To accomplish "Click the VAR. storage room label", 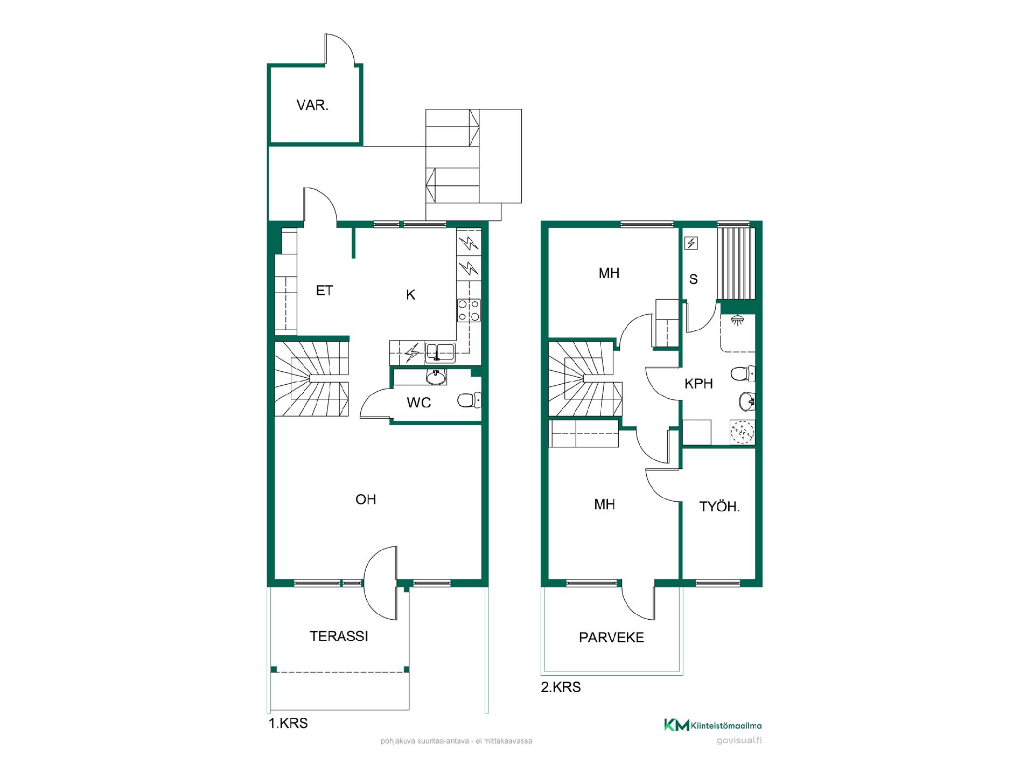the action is (312, 105).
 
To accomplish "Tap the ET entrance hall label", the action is (324, 291).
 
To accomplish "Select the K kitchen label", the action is (411, 295).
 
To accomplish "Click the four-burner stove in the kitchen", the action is (469, 310).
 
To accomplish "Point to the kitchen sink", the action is (440, 352).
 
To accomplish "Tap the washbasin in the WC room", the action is (436, 377).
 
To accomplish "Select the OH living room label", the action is (366, 500).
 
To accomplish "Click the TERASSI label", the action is (339, 636).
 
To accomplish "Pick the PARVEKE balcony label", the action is (611, 638).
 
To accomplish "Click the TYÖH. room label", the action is (719, 507).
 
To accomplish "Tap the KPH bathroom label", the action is (698, 384).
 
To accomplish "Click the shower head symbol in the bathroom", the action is (736, 320).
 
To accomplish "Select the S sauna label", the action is (694, 279).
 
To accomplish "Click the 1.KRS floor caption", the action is (288, 723).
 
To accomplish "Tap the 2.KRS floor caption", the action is (561, 687).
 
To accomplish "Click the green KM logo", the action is (676, 725).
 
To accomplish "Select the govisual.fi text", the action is (739, 740).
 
